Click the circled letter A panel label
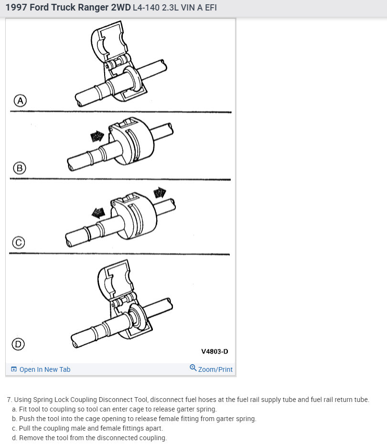pos(20,100)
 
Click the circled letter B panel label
pos(20,168)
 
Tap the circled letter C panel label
pos(19,243)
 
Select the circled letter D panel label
pos(18,344)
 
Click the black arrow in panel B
pos(97,136)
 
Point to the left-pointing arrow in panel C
pos(98,213)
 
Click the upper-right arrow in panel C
pos(160,192)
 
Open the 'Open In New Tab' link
pos(45,369)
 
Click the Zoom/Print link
pos(215,369)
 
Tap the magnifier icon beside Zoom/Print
pos(193,368)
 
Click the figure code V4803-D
pos(215,351)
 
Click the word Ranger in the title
pos(93,7)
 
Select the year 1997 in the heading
pos(16,7)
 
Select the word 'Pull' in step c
pos(25,428)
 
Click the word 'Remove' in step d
pos(31,438)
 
